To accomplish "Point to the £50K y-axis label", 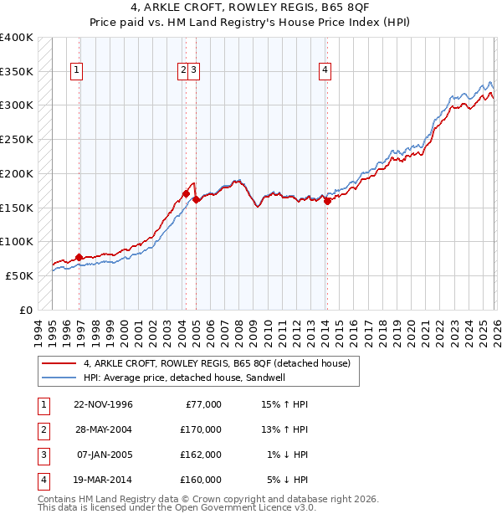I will click(19, 275).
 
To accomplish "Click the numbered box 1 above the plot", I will click(76, 71).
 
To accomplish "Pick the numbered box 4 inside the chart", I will click(324, 71).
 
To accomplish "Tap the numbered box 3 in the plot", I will click(193, 71).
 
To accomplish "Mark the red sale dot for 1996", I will click(79, 257).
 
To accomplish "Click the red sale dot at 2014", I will click(327, 201).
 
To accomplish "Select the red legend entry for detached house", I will click(222, 363).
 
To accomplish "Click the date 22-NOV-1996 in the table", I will click(103, 404).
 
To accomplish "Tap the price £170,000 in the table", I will click(201, 429).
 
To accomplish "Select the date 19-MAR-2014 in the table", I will click(103, 480).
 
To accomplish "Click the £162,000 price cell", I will click(201, 455).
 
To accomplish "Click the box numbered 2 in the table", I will click(41, 429).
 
